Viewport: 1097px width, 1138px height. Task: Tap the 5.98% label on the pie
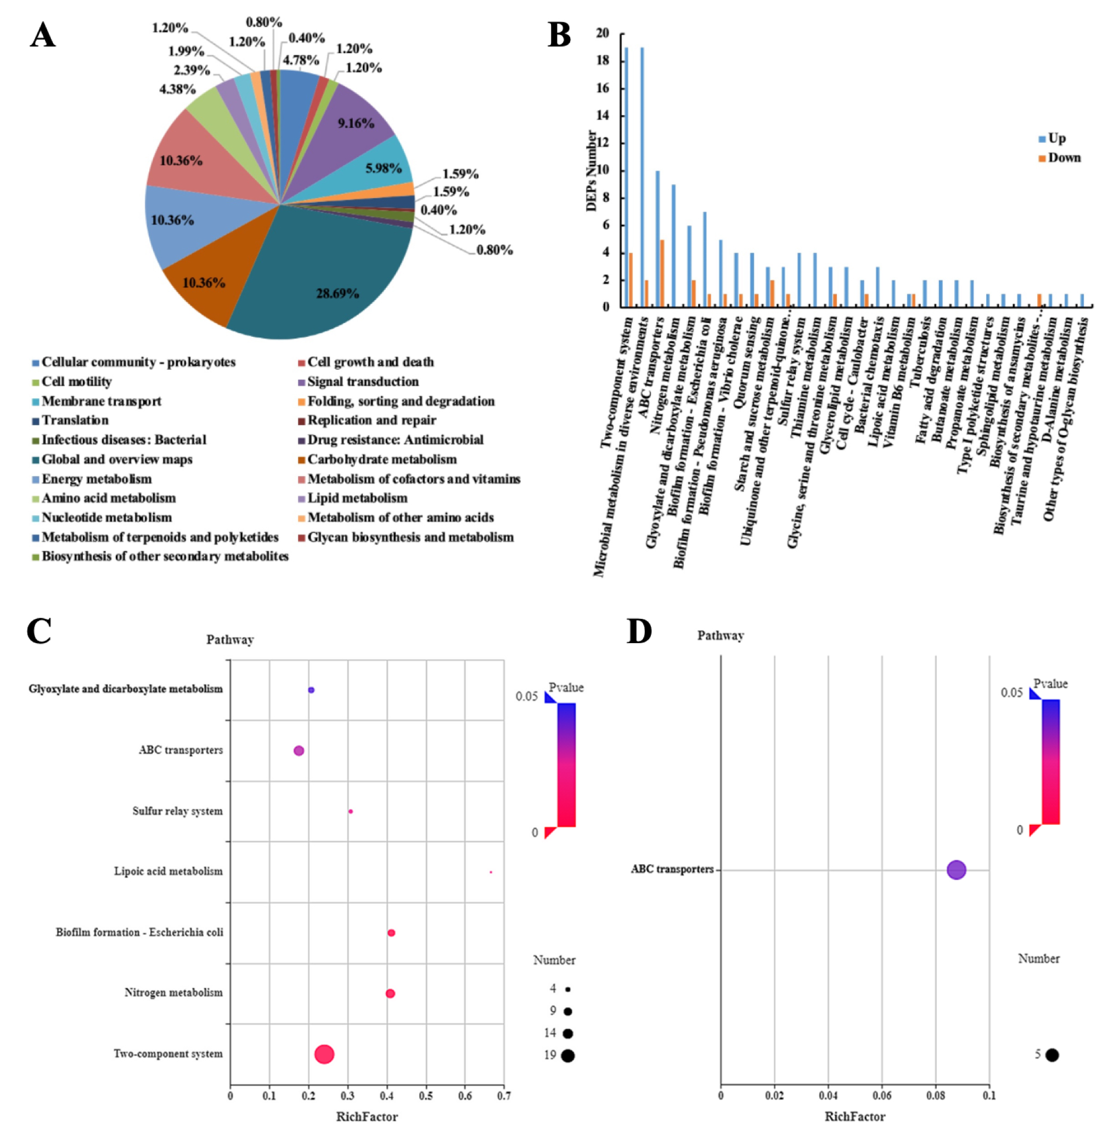[383, 168]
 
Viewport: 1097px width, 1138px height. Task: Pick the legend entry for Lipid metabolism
[357, 498]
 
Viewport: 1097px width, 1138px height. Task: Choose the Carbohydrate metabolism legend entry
[381, 459]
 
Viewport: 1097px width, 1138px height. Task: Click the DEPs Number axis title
[591, 171]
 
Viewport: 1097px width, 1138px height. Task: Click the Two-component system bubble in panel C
[324, 1054]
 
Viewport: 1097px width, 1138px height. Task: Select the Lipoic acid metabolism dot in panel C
[491, 872]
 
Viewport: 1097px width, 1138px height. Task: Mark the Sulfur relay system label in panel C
[177, 811]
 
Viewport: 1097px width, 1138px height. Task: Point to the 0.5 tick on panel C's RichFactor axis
[426, 1096]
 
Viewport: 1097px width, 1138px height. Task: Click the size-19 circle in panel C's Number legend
[568, 1056]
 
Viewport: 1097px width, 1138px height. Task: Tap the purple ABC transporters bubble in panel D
[956, 870]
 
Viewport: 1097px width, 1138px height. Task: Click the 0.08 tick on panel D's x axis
[936, 1096]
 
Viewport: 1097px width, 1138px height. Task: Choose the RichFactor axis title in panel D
[855, 1117]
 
